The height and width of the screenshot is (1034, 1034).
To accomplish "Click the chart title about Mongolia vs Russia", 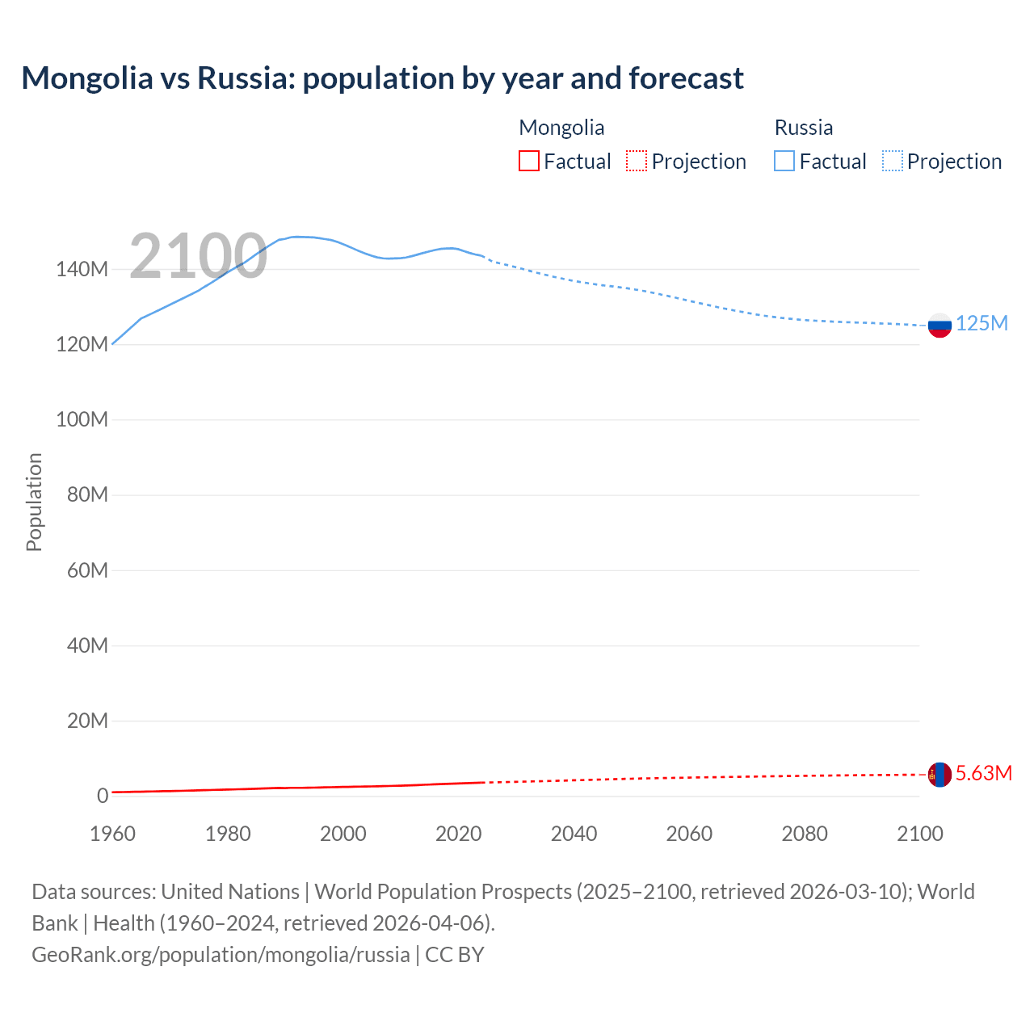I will tap(382, 78).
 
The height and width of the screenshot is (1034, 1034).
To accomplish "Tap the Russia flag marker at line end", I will tap(939, 326).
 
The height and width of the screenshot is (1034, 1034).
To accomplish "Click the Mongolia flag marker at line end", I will tap(939, 775).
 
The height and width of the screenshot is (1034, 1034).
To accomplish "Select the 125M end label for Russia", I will tap(981, 324).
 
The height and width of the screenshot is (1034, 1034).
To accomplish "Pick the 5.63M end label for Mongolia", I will tap(983, 774).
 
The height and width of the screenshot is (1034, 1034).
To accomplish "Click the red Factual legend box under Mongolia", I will tap(528, 161).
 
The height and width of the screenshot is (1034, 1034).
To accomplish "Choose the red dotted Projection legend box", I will tap(637, 161).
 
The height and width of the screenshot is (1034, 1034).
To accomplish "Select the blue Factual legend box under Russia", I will tap(784, 161).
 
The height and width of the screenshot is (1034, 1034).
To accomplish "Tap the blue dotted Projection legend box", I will tap(892, 161).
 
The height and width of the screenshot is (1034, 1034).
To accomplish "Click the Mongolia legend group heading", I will tap(561, 128).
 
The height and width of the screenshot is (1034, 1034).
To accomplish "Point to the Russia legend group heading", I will tap(803, 128).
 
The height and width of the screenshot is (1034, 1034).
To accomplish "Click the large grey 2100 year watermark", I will tap(198, 256).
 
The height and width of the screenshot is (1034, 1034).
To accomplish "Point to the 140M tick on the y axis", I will tap(82, 270).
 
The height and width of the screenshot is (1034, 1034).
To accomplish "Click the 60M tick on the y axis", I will tap(87, 570).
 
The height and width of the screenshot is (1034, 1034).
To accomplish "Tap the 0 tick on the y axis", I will tap(103, 796).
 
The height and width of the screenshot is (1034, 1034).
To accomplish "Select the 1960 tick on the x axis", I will tap(112, 834).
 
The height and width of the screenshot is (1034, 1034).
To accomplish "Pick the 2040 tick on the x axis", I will tap(574, 834).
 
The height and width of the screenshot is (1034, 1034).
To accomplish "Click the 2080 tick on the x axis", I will tap(805, 834).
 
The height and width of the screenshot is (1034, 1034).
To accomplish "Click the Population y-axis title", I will tap(34, 502).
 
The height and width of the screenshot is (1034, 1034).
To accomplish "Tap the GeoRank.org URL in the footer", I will tap(221, 955).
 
